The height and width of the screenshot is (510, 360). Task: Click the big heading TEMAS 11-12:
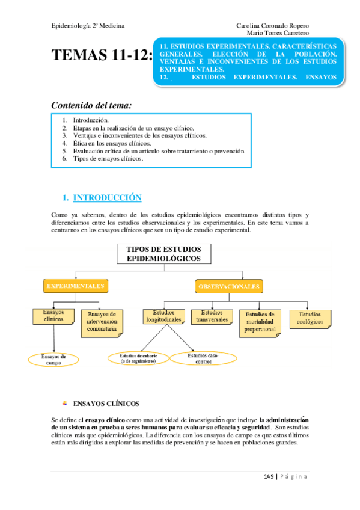102,57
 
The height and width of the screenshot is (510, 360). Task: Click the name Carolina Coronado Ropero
273,26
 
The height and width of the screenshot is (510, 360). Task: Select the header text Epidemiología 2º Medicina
89,26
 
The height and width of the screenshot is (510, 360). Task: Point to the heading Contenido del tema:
91,105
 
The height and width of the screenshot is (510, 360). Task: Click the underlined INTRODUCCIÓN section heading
107,198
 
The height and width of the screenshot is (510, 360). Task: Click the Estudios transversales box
212,317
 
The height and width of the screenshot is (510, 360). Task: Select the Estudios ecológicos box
310,319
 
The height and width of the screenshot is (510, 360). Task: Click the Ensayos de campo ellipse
54,360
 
